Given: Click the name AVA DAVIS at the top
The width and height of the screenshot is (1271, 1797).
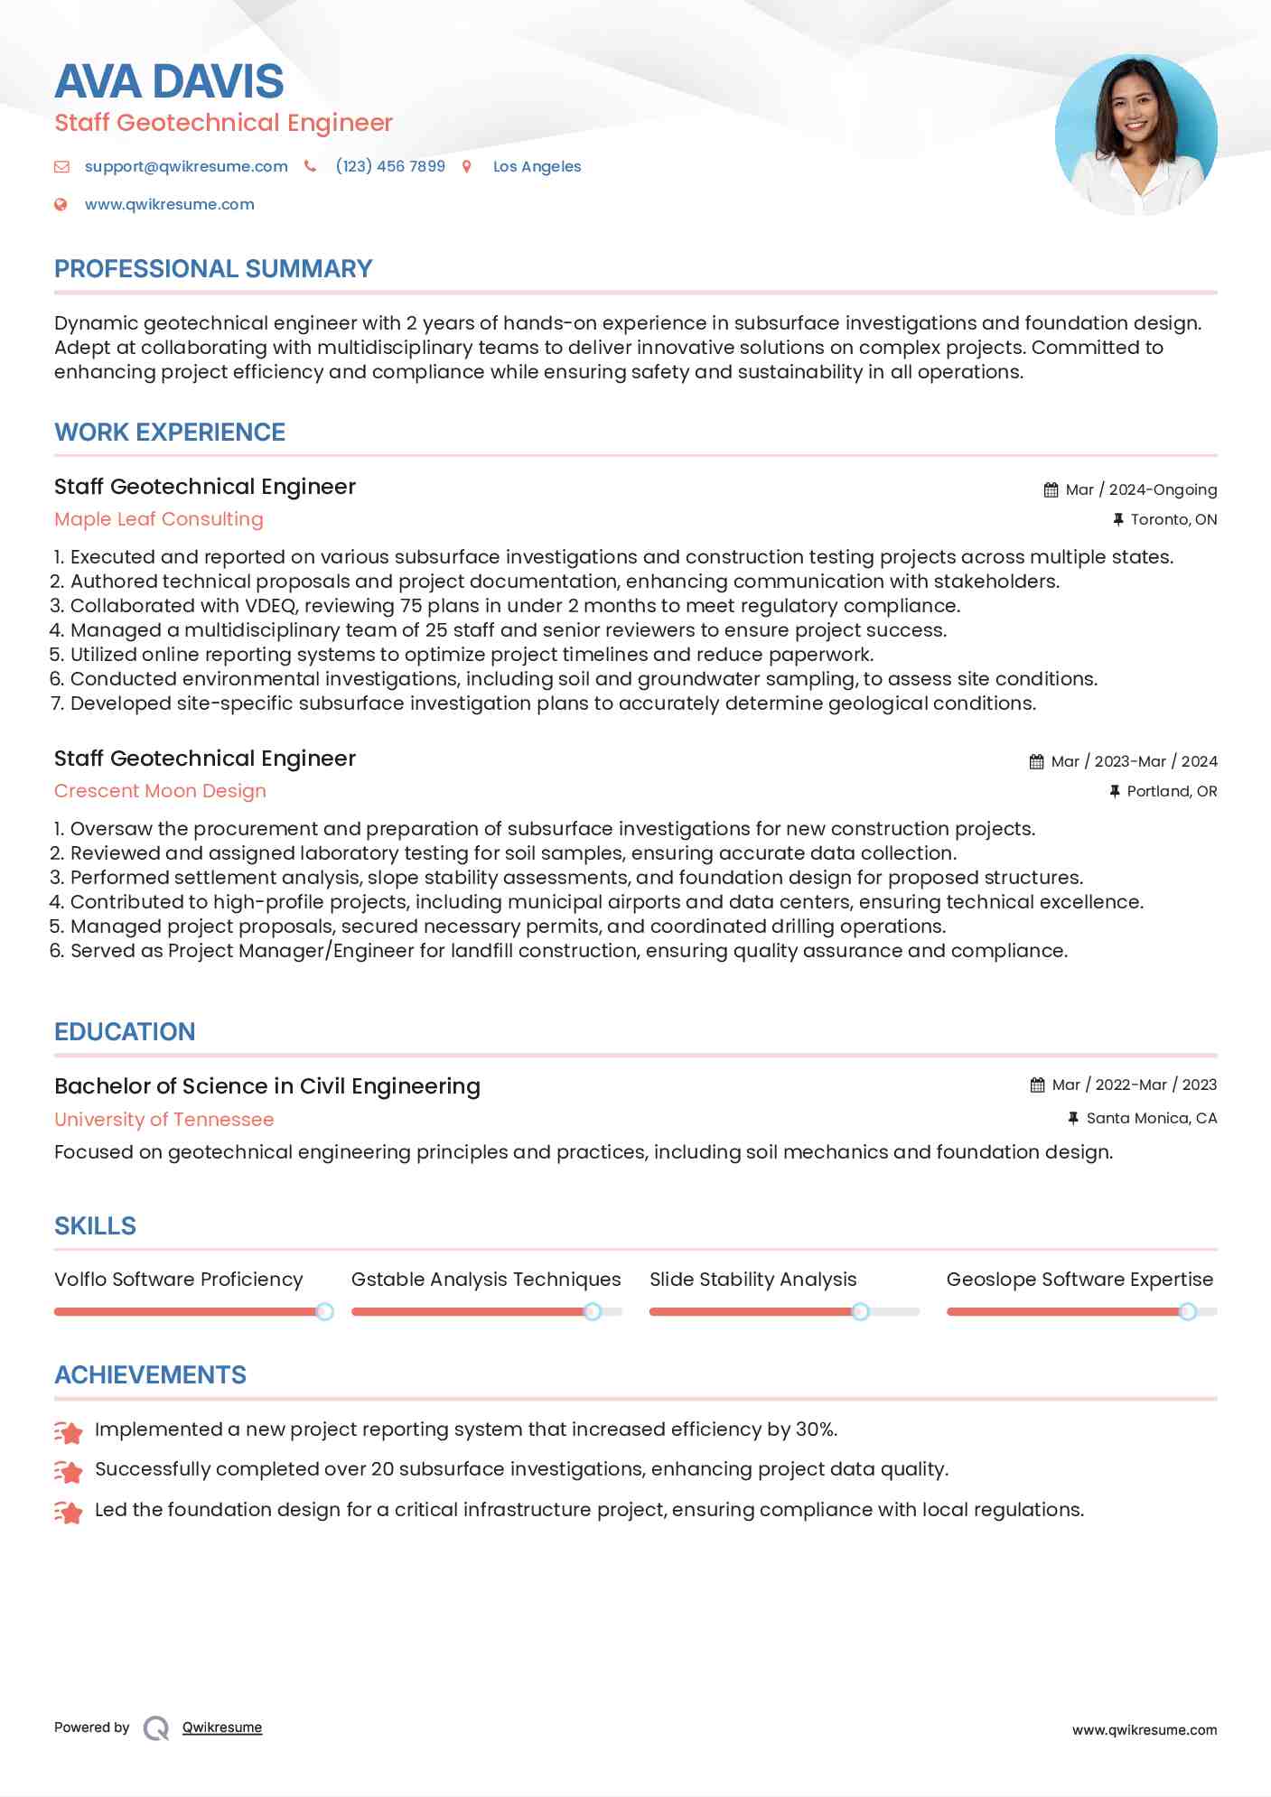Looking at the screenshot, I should pyautogui.click(x=169, y=81).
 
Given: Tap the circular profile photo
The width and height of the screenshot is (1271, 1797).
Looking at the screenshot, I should pyautogui.click(x=1135, y=135).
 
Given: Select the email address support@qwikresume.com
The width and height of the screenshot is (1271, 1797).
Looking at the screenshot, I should pyautogui.click(x=186, y=166).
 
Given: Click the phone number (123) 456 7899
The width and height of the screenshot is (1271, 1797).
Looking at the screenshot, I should pyautogui.click(x=390, y=166).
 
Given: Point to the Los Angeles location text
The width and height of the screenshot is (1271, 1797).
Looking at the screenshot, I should pyautogui.click(x=537, y=166).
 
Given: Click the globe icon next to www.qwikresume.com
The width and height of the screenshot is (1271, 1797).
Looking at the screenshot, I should pyautogui.click(x=61, y=205).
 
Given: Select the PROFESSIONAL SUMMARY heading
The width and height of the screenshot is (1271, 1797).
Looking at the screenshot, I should pyautogui.click(x=213, y=269).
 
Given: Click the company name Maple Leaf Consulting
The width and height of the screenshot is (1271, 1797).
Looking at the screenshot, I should pyautogui.click(x=159, y=519).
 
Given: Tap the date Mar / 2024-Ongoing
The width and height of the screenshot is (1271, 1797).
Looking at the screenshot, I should pyautogui.click(x=1141, y=489).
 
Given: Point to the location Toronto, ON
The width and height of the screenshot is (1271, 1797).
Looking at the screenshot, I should pyautogui.click(x=1173, y=519).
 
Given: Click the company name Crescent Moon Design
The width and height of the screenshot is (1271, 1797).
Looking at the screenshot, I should pyautogui.click(x=160, y=791).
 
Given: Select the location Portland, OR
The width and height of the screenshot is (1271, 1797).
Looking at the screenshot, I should pyautogui.click(x=1172, y=791).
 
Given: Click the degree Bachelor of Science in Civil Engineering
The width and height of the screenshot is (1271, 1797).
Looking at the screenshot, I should pyautogui.click(x=267, y=1086).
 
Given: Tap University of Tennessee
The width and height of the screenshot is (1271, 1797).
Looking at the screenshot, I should pyautogui.click(x=164, y=1120).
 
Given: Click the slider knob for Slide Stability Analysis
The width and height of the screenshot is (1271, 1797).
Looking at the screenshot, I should pyautogui.click(x=861, y=1311).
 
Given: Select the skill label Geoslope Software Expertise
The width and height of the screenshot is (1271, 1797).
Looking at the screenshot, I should pyautogui.click(x=1079, y=1280).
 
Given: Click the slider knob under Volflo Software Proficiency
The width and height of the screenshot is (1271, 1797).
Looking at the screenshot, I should pyautogui.click(x=324, y=1311).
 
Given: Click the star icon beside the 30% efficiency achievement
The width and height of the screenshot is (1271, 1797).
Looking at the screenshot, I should pyautogui.click(x=69, y=1431).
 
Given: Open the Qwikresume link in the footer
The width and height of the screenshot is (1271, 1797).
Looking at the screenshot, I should pyautogui.click(x=222, y=1727).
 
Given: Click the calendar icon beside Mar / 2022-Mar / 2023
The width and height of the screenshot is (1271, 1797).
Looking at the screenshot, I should pyautogui.click(x=1037, y=1085).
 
